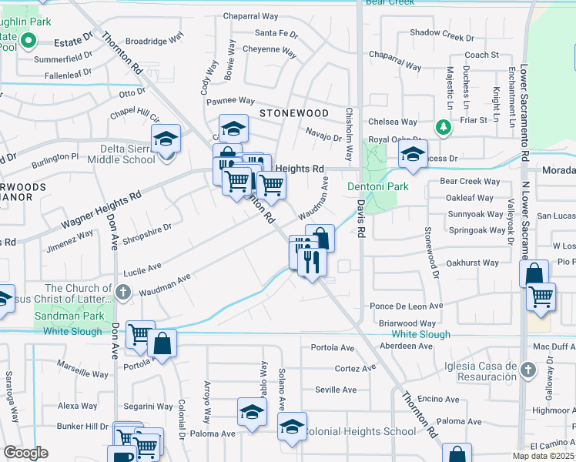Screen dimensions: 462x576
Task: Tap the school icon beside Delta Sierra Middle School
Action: point(166,140)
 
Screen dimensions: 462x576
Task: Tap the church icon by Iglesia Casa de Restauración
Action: point(527,370)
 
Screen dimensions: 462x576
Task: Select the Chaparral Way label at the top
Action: point(249,15)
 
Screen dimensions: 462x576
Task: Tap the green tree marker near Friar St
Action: point(444,126)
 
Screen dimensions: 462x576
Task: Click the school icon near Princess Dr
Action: point(413,156)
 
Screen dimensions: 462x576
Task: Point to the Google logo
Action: point(25,453)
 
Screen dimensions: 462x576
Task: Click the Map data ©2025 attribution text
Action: point(543,456)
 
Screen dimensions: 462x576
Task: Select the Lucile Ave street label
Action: point(143,270)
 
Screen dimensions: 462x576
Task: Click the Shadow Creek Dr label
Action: point(442,33)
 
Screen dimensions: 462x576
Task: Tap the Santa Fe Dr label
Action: point(276,34)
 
